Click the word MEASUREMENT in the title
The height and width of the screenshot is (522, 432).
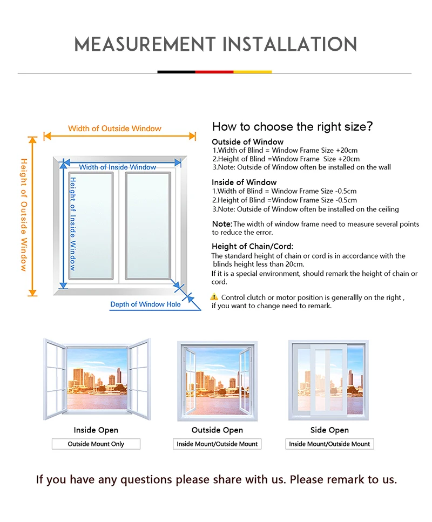(145, 44)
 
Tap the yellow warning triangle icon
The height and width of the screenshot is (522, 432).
(214, 296)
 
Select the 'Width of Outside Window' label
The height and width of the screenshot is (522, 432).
(114, 128)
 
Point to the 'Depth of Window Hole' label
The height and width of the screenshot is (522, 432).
(146, 304)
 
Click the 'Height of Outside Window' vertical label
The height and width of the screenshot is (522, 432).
(24, 215)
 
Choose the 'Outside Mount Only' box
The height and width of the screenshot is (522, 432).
(96, 444)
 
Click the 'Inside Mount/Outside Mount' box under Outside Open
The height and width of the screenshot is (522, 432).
(217, 444)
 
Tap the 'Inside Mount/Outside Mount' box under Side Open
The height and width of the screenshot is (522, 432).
(329, 444)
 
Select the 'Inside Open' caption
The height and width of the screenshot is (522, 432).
(96, 430)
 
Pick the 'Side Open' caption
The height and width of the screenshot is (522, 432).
(329, 430)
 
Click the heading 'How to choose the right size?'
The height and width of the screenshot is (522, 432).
(293, 126)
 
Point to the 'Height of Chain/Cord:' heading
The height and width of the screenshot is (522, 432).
(253, 246)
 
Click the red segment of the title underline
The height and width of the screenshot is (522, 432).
(214, 72)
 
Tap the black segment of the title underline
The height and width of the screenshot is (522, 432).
(176, 72)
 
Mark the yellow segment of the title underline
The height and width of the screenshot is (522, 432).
(253, 72)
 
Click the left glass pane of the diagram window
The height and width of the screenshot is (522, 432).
(91, 226)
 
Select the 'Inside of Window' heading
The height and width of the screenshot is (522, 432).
(244, 182)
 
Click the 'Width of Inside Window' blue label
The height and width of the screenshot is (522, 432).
(118, 167)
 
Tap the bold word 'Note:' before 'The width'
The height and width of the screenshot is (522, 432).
(222, 224)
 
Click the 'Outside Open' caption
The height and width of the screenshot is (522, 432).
(217, 430)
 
